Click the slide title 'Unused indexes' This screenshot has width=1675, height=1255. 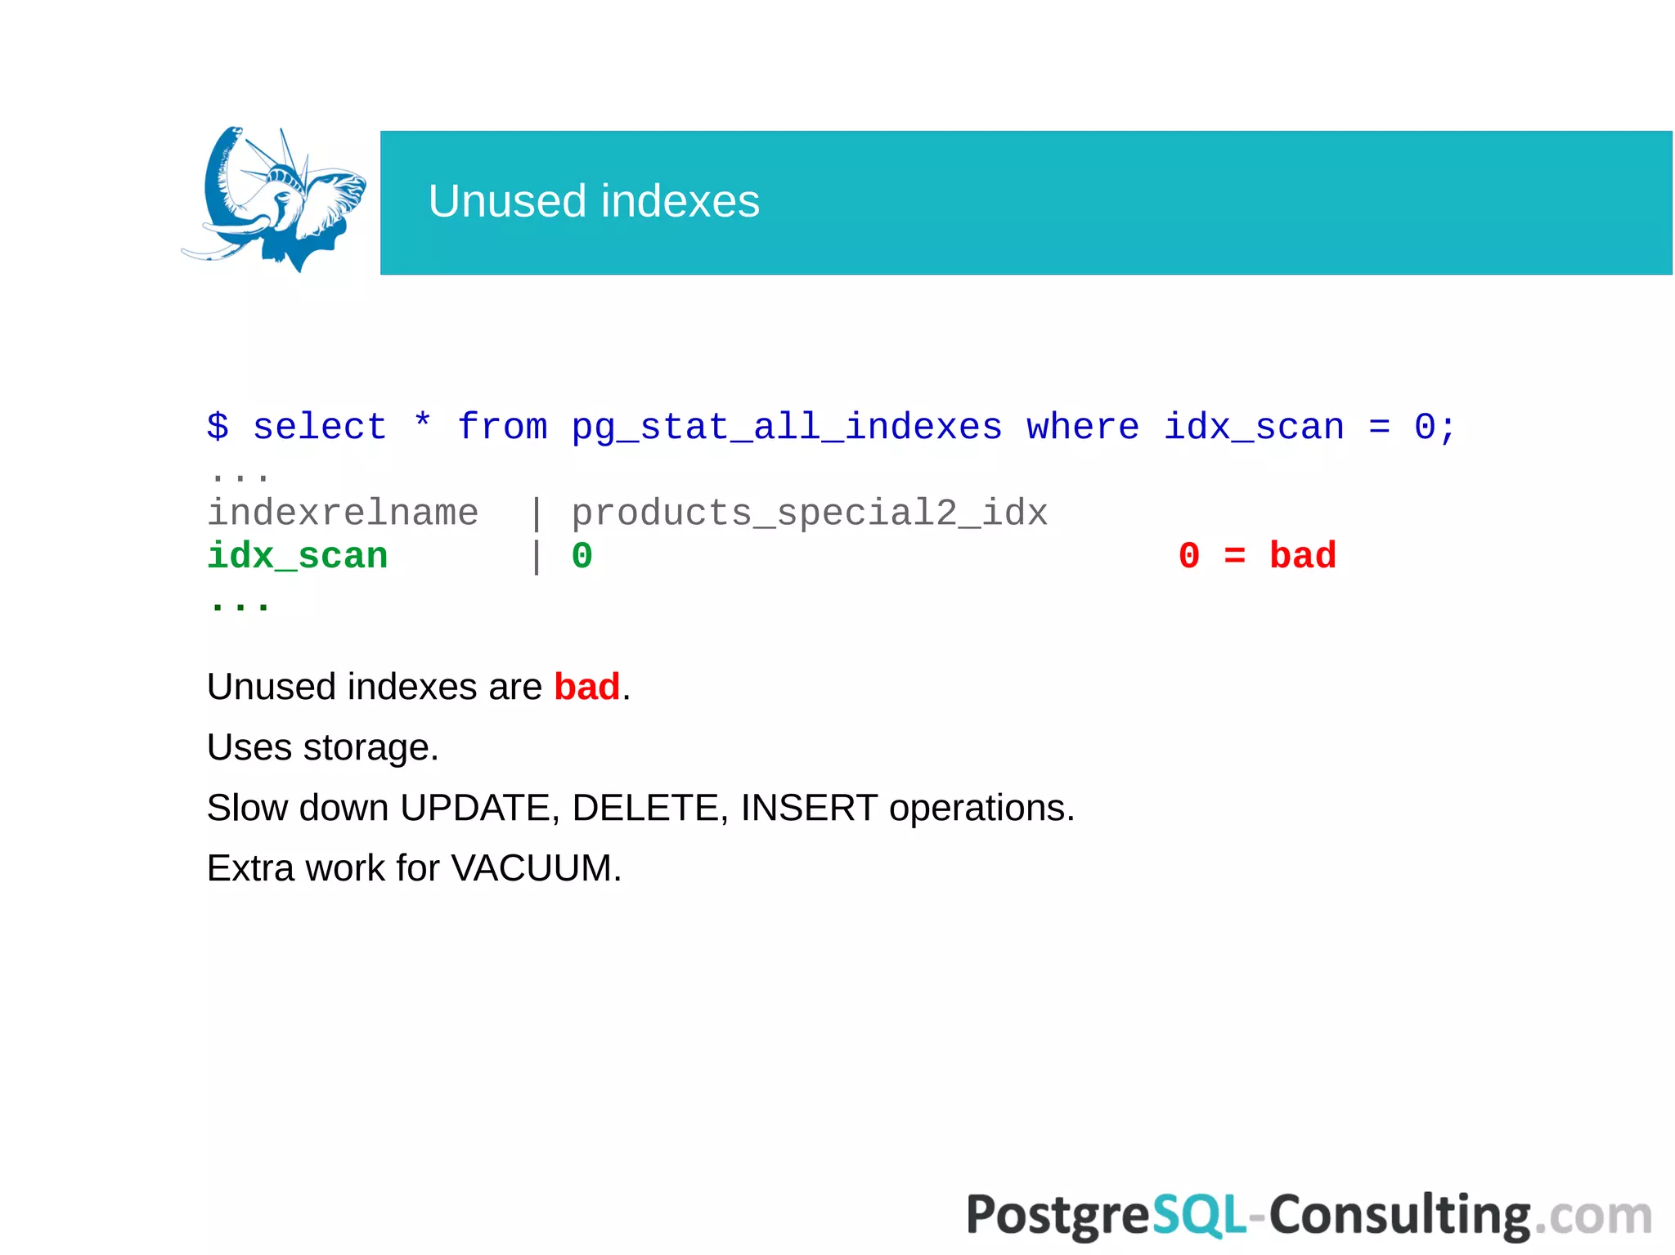594,201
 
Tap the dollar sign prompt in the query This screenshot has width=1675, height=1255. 218,427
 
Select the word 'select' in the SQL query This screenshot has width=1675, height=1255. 319,427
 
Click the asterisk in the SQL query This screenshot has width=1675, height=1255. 422,424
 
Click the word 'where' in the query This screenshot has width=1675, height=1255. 1083,427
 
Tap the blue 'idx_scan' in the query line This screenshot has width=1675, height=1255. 1254,427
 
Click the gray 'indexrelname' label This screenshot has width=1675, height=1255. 343,513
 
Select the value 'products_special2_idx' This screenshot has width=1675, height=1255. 809,513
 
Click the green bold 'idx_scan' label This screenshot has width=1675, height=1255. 297,556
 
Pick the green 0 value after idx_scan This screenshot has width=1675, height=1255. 582,556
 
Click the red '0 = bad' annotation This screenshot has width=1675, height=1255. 1257,556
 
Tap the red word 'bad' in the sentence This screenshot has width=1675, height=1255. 586,687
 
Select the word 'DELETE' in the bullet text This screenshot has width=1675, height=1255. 646,808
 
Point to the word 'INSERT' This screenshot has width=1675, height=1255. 809,808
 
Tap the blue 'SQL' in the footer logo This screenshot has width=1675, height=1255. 1199,1215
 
